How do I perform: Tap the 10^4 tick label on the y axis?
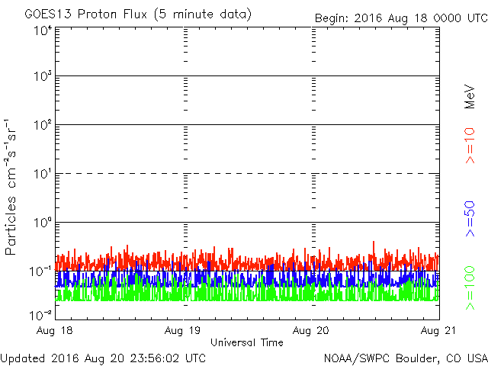point(42,30)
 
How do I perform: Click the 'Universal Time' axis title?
point(246,342)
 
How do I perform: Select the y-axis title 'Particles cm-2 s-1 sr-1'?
point(13,187)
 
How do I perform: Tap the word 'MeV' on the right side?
point(470,97)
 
